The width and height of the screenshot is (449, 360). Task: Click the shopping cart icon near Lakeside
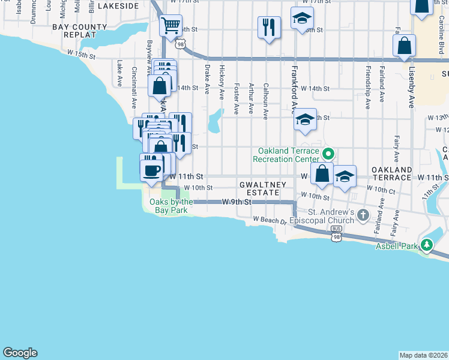171,26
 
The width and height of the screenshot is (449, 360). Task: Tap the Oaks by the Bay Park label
171,206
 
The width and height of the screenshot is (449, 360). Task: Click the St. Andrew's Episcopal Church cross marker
363,214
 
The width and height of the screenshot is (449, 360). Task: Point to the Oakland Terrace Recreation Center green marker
327,152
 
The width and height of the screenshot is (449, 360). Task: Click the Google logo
20,353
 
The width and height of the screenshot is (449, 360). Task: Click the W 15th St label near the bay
82,55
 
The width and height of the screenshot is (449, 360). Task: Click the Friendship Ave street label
367,88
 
